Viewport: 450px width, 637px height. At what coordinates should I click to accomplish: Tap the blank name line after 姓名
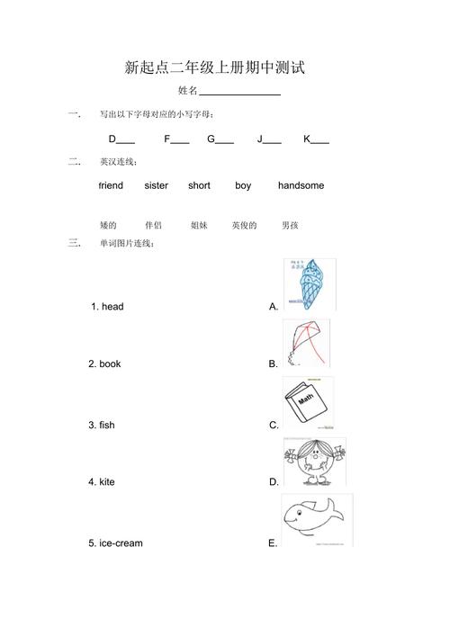[239, 94]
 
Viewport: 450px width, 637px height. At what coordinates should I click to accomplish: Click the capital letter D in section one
[112, 139]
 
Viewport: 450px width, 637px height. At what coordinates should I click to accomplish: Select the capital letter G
[211, 139]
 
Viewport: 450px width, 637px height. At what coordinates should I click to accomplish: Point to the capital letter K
[307, 139]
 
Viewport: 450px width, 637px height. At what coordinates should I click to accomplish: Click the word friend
[111, 186]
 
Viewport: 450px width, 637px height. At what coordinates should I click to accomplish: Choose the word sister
[156, 186]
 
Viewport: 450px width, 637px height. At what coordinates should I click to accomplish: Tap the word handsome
[301, 186]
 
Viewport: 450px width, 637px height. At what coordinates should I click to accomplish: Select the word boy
[243, 186]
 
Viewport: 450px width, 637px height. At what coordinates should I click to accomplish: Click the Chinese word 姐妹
[199, 226]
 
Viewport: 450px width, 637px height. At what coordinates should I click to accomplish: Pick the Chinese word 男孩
[290, 226]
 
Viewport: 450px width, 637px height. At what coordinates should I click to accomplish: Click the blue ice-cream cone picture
[309, 283]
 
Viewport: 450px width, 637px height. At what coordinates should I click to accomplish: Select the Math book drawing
[307, 402]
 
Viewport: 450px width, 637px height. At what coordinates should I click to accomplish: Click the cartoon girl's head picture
[312, 462]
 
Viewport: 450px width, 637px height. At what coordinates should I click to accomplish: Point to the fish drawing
[314, 519]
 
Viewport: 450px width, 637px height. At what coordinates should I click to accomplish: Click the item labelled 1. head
[107, 307]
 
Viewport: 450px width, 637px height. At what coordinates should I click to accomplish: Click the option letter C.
[273, 425]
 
